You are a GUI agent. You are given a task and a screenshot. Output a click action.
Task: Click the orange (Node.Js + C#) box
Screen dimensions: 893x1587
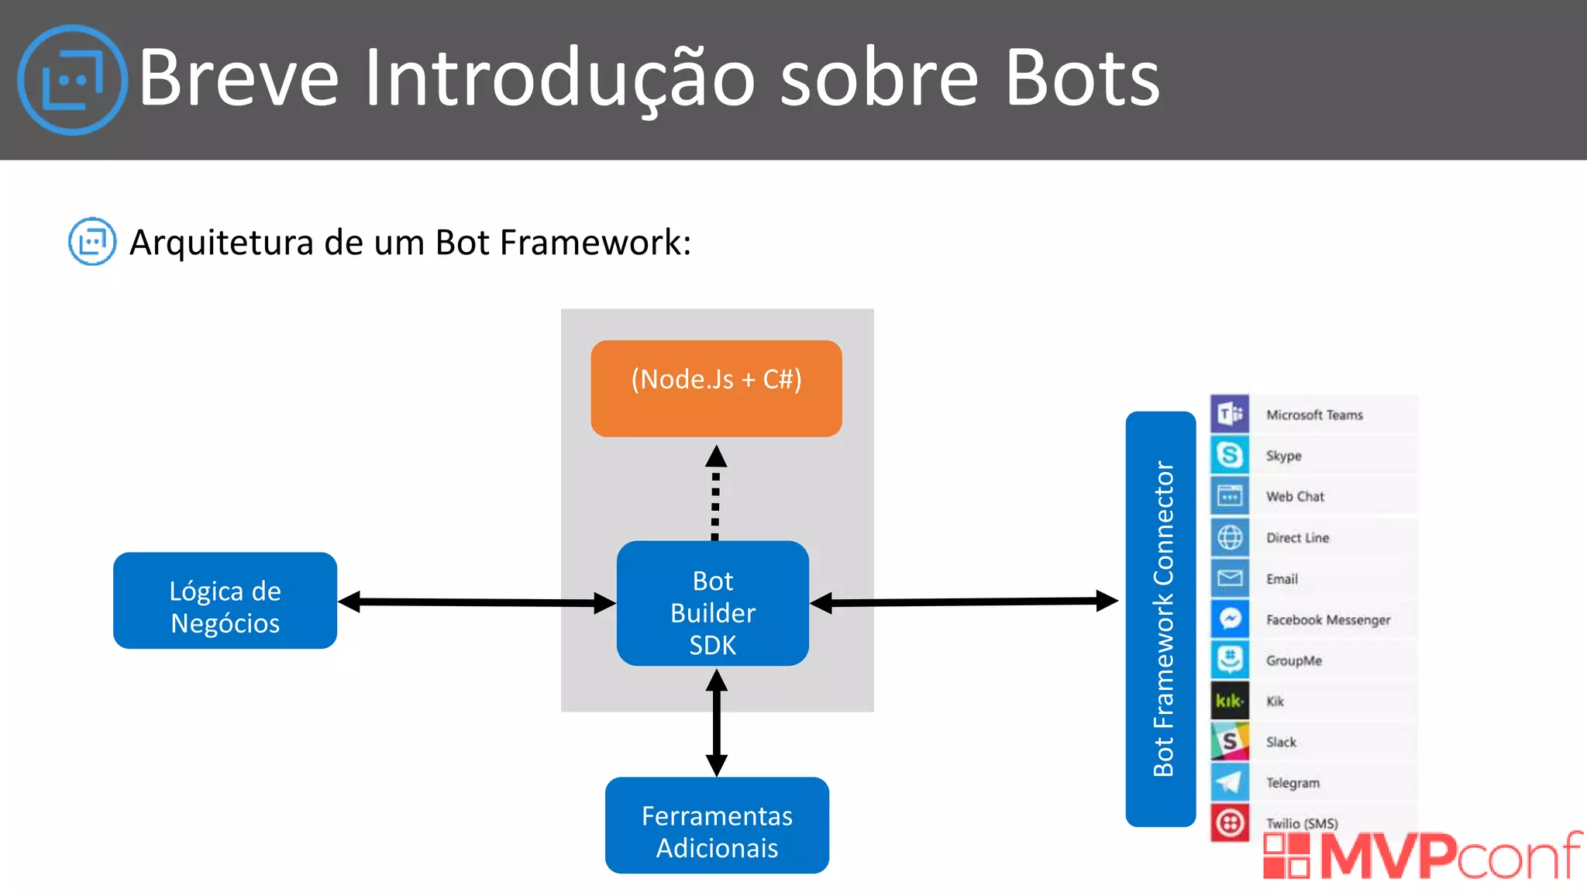716,388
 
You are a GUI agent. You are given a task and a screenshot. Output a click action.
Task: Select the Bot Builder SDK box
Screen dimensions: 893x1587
712,604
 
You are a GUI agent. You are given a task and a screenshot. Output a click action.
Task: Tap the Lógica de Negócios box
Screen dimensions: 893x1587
225,601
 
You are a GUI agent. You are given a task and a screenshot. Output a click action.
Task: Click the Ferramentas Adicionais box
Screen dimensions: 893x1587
717,826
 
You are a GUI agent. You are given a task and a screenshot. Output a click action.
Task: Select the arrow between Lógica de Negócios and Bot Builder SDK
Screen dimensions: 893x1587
477,602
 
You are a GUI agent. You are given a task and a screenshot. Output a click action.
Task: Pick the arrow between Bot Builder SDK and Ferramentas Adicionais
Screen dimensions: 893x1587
717,722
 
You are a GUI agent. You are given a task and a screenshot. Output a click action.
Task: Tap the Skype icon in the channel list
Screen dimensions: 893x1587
1230,455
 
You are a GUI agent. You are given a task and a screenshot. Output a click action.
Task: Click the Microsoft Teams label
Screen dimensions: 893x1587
1314,415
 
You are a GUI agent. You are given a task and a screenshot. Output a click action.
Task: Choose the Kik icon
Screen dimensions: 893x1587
1230,701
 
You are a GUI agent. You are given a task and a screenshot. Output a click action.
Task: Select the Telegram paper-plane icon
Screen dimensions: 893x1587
1230,782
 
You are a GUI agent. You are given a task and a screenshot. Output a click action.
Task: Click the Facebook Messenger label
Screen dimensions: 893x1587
1328,619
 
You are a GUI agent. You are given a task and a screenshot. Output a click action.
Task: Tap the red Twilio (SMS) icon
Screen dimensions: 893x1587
1230,823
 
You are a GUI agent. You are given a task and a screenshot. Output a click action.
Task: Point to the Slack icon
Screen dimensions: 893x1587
1230,742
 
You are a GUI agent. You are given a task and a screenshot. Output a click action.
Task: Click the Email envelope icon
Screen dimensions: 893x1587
1230,578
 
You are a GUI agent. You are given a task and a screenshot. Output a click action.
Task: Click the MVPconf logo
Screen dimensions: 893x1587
1422,856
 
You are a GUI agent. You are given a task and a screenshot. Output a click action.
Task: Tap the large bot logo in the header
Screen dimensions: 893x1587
72,80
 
